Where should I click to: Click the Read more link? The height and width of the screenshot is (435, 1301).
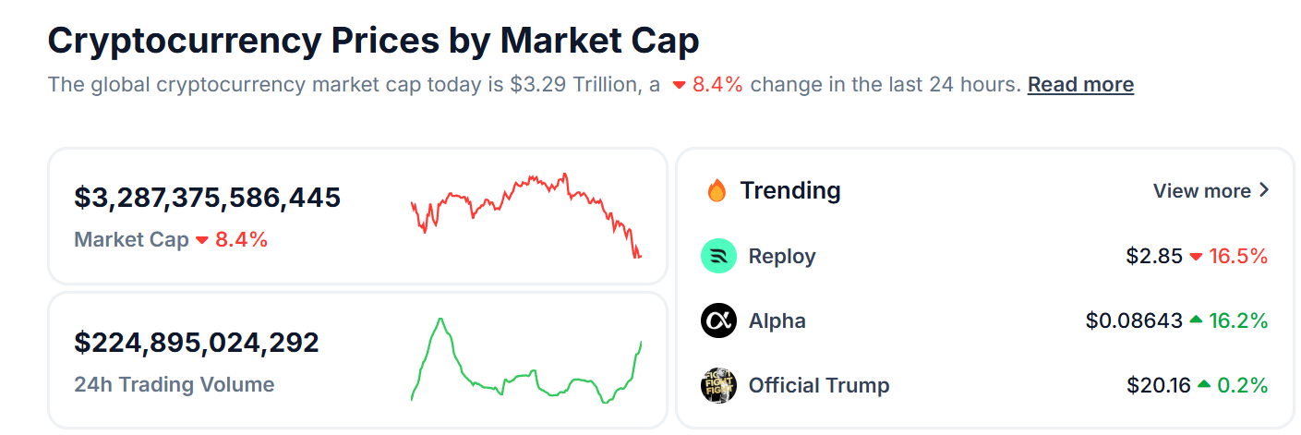[x=1080, y=85]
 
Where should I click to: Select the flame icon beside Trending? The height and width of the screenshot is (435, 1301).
[x=717, y=191]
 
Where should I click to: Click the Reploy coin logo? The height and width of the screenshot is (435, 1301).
[x=718, y=256]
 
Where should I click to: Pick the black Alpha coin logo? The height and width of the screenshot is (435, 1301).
[x=718, y=321]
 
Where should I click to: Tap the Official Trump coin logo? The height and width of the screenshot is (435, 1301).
[x=718, y=385]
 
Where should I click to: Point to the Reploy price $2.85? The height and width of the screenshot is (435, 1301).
[x=1153, y=256]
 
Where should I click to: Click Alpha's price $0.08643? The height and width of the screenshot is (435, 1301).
[x=1134, y=321]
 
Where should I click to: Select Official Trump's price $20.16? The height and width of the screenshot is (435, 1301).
[x=1159, y=385]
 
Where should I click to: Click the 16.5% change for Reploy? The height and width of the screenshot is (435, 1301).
[x=1238, y=256]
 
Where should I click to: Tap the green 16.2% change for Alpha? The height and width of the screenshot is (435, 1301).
[x=1238, y=321]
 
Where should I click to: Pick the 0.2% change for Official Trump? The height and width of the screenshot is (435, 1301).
[x=1243, y=385]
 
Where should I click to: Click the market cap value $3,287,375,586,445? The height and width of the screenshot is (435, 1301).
[x=208, y=198]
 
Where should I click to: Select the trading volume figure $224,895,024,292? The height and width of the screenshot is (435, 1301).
[x=197, y=343]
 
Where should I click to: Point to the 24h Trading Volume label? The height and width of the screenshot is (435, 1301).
[x=175, y=384]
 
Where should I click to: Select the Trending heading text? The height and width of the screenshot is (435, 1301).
[x=790, y=191]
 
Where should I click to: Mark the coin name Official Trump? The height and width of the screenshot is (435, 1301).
[x=819, y=385]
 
